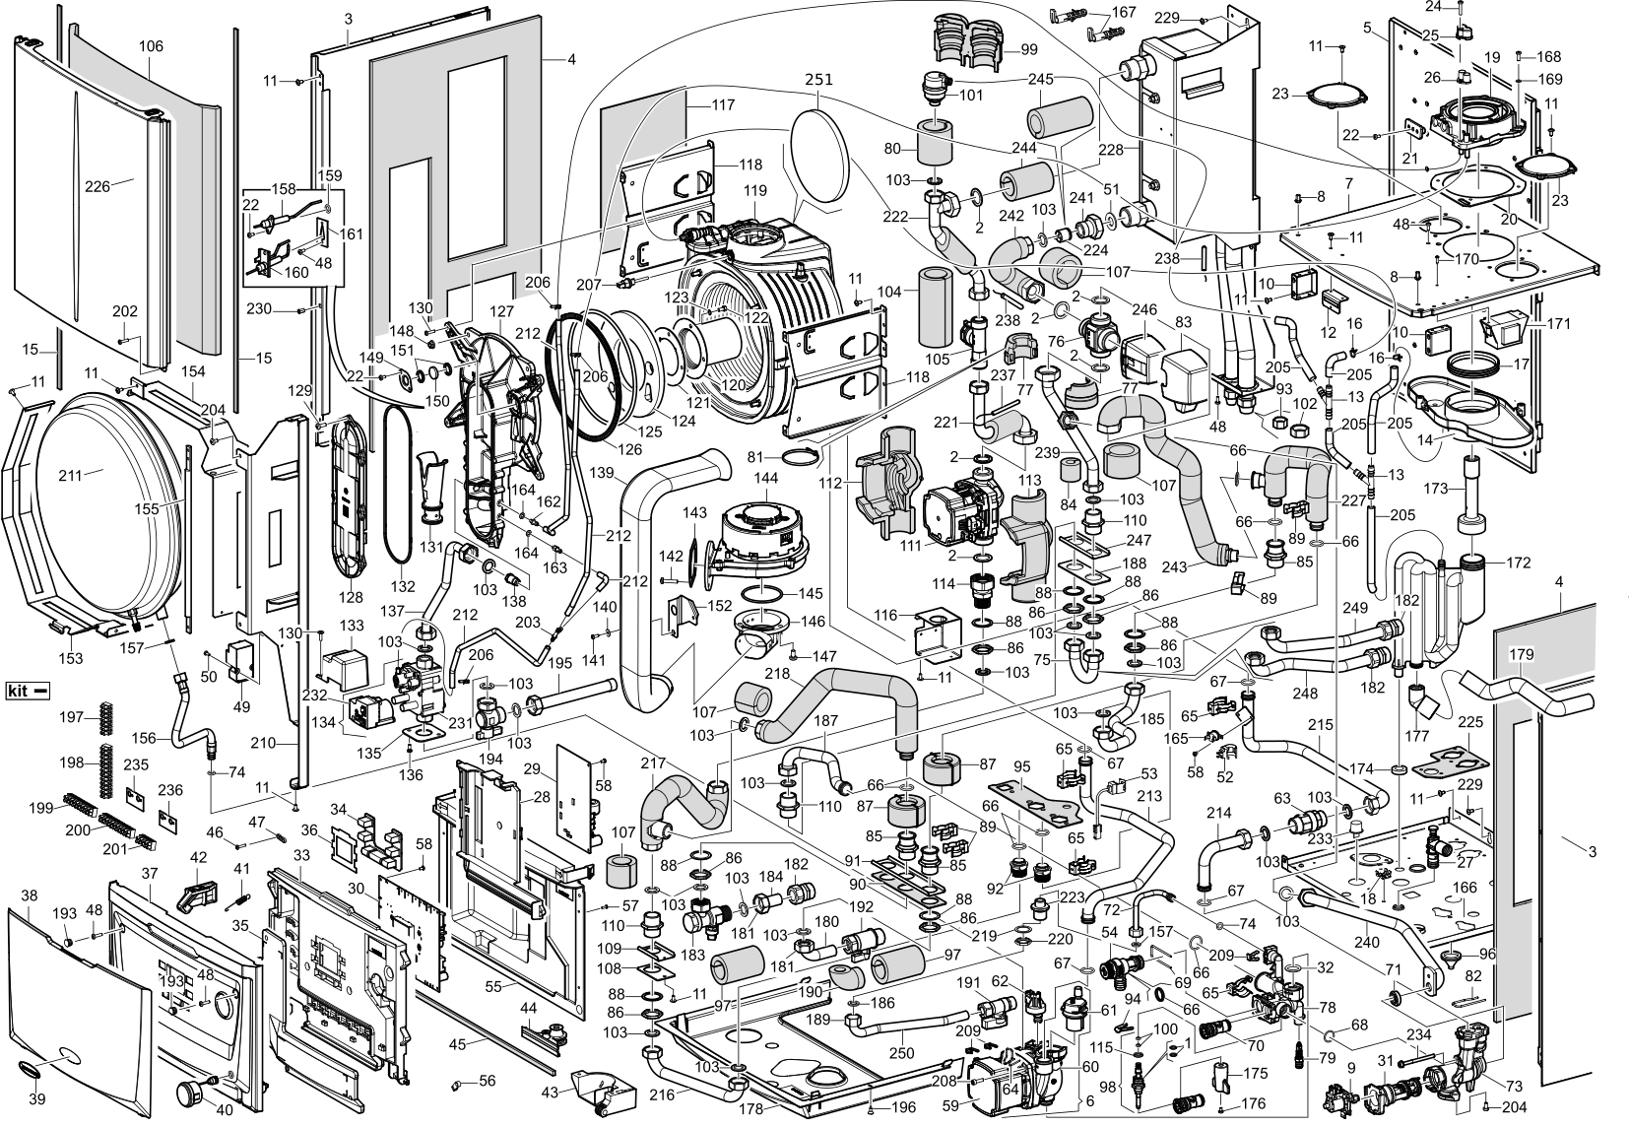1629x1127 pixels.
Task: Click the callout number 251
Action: coord(818,80)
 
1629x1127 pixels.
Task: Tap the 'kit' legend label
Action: coord(18,691)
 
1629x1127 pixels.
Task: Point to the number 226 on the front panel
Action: coord(98,186)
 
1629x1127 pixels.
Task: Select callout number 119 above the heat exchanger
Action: coord(755,190)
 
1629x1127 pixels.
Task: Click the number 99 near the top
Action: coord(1029,49)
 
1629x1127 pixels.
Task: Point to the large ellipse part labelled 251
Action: coord(819,158)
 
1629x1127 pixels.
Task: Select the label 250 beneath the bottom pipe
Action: coord(902,1053)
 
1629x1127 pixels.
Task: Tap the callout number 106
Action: coord(151,46)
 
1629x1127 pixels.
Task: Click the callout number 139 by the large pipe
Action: coord(602,473)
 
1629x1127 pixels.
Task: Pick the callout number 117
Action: coord(723,104)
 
